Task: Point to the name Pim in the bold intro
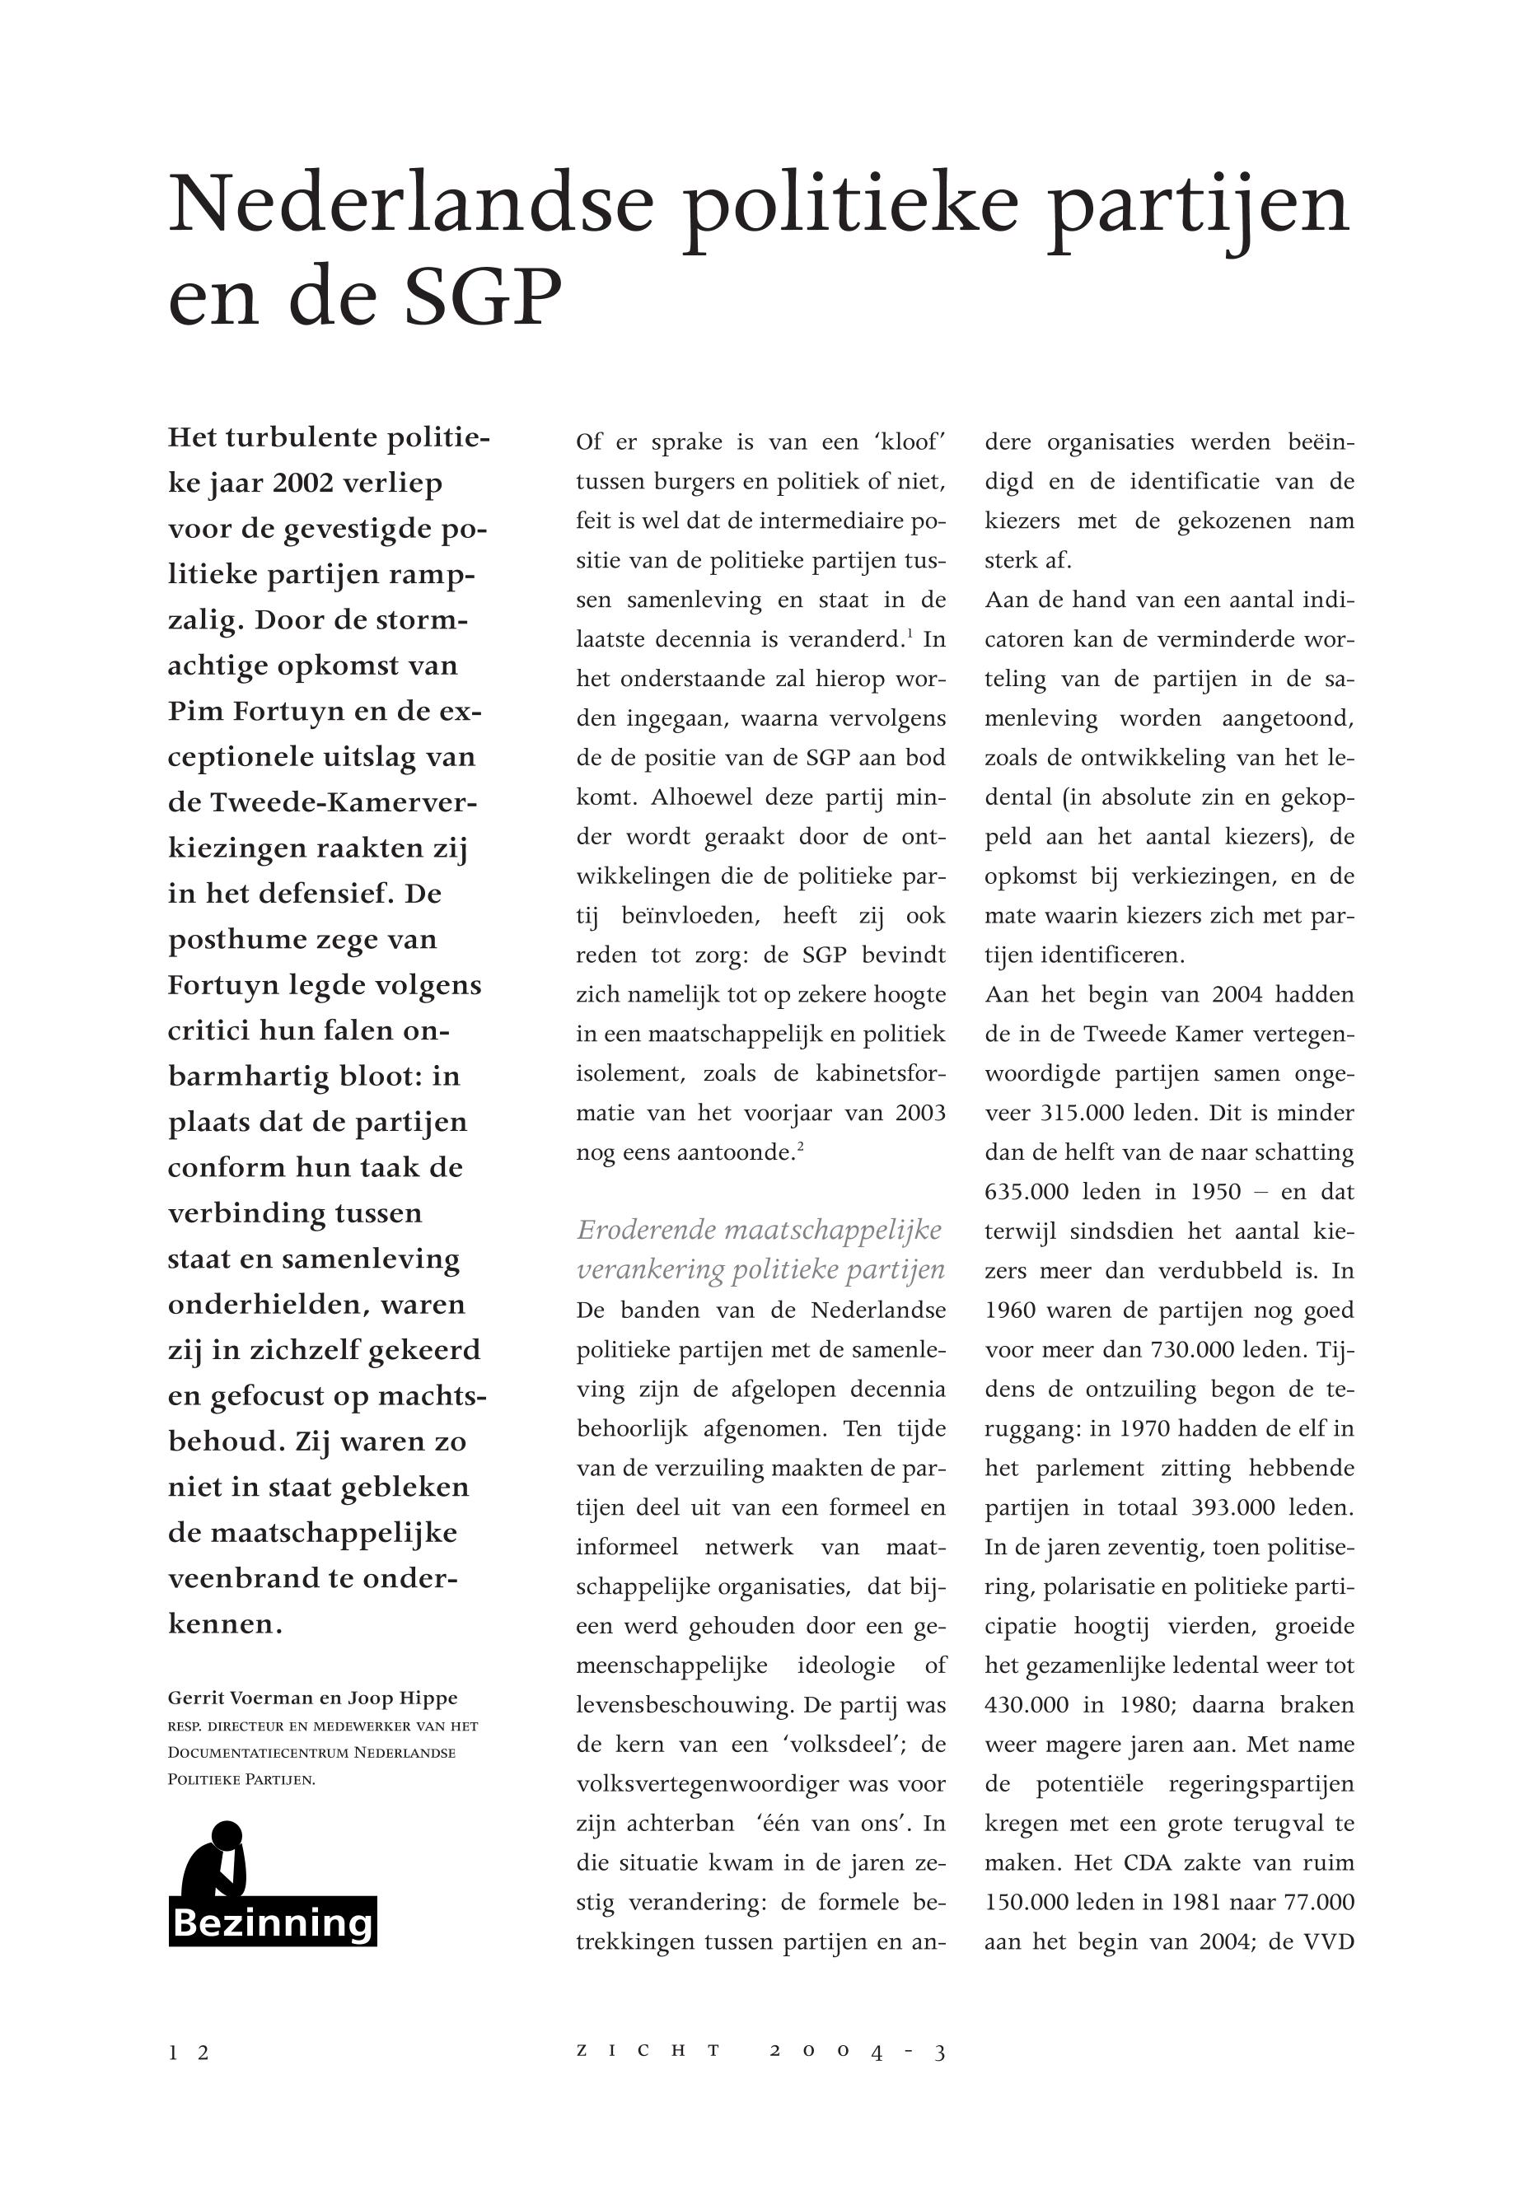pos(196,712)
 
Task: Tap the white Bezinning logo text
pos(273,1922)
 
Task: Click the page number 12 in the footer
pos(189,2053)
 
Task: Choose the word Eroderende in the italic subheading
pos(647,1231)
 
